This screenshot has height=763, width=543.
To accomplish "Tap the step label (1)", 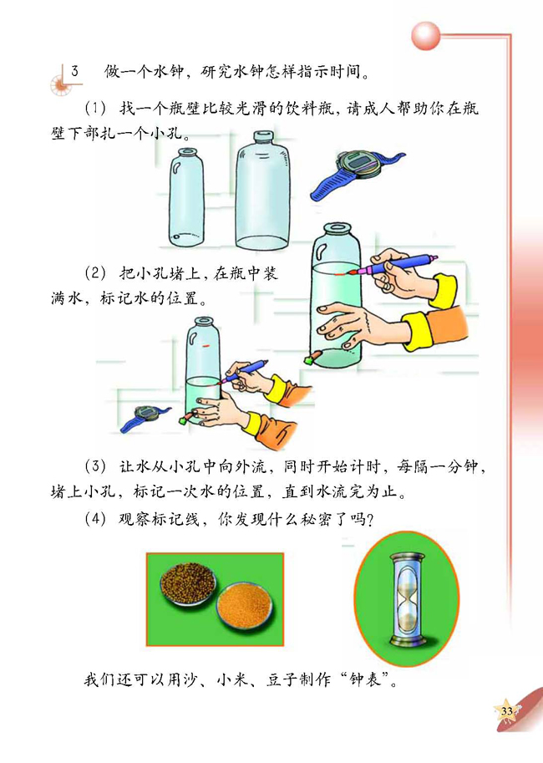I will point(98,109).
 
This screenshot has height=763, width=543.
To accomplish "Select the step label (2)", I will point(98,273).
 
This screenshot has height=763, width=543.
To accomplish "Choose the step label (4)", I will point(98,518).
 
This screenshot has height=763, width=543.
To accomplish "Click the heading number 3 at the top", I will point(74,69).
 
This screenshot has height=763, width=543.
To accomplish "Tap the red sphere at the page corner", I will point(428,36).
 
